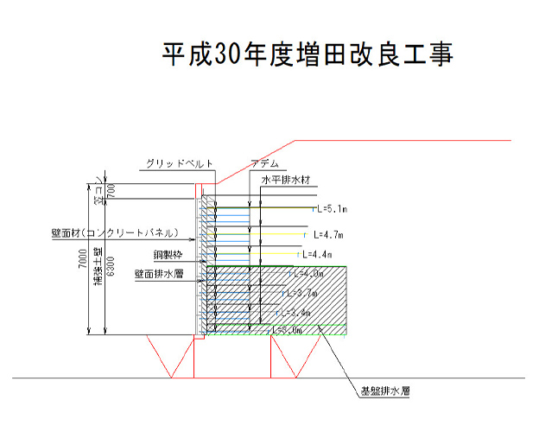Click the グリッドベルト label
(x=180, y=163)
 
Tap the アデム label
(x=264, y=163)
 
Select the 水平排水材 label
(x=285, y=181)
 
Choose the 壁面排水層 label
(x=158, y=273)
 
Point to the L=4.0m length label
(x=308, y=274)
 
